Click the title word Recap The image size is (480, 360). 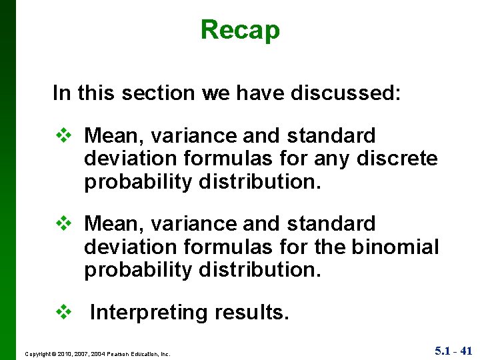pyautogui.click(x=240, y=30)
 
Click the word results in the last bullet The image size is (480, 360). pyautogui.click(x=255, y=312)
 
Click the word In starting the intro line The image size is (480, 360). pyautogui.click(x=61, y=93)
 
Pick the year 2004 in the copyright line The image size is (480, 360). pyautogui.click(x=97, y=354)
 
